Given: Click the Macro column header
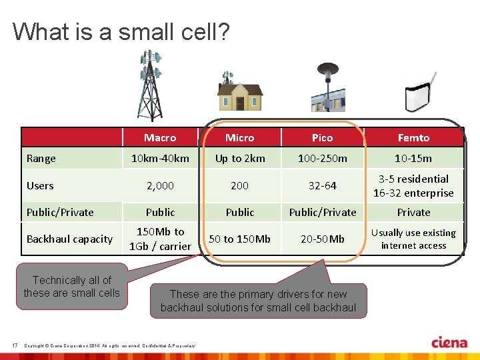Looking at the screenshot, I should [160, 137].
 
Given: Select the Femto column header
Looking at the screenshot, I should [413, 137].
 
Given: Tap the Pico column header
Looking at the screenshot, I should [322, 137].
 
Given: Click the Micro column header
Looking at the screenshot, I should [239, 137].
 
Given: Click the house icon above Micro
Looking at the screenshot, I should [240, 93].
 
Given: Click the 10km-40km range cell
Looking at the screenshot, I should [160, 159].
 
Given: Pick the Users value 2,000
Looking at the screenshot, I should [160, 186].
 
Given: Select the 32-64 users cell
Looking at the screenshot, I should [322, 186].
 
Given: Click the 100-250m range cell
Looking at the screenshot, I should [322, 159].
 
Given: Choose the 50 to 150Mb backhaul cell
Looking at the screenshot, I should [239, 239].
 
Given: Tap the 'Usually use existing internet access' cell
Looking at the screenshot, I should [413, 239].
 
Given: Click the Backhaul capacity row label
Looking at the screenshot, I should [69, 239].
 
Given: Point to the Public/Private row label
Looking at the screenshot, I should [60, 212].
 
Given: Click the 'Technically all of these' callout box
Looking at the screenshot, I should [71, 287].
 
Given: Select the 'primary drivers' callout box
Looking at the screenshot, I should [258, 301].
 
